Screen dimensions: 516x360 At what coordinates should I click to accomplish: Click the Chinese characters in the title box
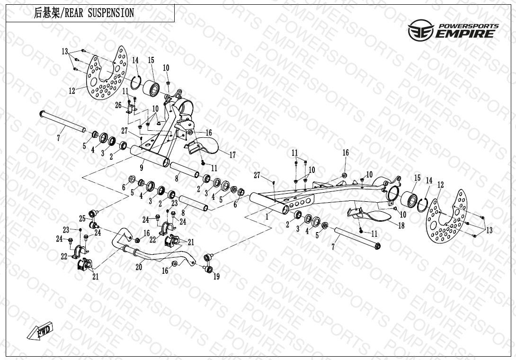point(47,13)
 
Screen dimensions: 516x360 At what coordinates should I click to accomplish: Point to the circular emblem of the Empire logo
point(420,30)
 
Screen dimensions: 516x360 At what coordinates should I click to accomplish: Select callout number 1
point(267,217)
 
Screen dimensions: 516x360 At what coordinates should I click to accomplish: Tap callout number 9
point(142,168)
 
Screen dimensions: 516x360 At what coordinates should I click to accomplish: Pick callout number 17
point(232,155)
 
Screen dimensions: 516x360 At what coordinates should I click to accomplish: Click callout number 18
point(401,225)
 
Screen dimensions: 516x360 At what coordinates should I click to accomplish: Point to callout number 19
point(216,277)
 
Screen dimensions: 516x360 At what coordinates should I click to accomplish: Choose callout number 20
point(139,267)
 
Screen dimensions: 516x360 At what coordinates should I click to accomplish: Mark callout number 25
point(82,218)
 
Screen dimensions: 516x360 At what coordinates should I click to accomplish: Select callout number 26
point(118,105)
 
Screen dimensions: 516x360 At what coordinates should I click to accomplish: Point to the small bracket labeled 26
point(132,109)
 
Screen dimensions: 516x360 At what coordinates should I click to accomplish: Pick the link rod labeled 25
point(94,218)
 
